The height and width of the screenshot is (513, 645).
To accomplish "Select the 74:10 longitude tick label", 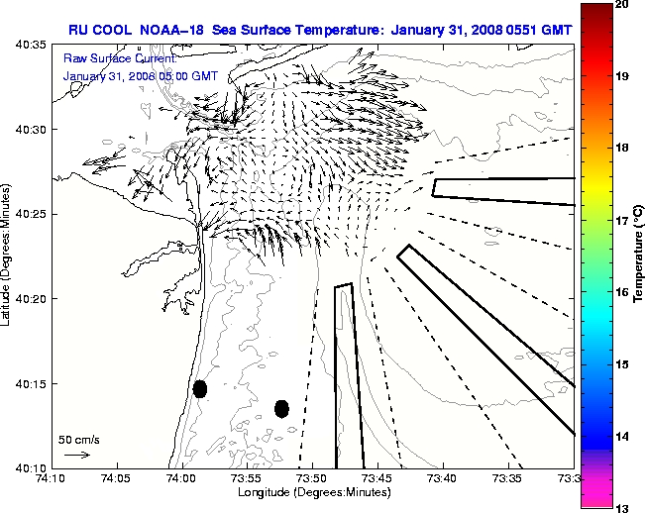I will pyautogui.click(x=51, y=479).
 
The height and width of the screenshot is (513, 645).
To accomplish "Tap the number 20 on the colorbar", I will pyautogui.click(x=622, y=5).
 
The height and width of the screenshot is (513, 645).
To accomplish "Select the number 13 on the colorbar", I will pyautogui.click(x=622, y=507).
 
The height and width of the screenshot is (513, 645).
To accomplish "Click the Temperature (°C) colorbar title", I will pyautogui.click(x=639, y=256).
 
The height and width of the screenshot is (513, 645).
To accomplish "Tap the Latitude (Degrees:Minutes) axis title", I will pyautogui.click(x=8, y=256).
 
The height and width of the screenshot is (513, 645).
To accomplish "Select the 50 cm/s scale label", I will pyautogui.click(x=78, y=439).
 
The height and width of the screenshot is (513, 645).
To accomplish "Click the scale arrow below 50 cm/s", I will pyautogui.click(x=76, y=455).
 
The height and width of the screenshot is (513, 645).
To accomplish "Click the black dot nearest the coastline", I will pyautogui.click(x=200, y=388).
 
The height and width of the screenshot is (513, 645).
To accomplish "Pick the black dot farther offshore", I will pyautogui.click(x=281, y=408).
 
